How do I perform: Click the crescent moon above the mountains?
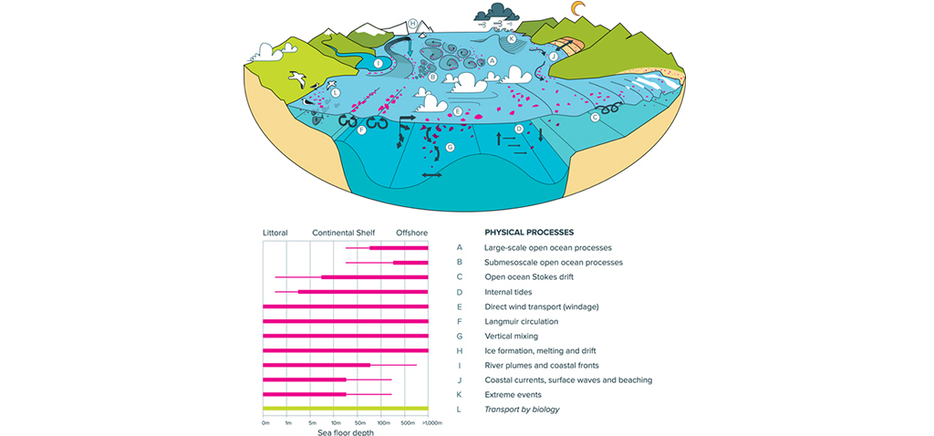coord(577,9)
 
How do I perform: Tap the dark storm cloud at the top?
coord(498,12)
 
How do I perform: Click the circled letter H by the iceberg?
coord(413,23)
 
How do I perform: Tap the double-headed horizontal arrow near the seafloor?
coord(432,173)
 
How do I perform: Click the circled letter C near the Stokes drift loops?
coord(595,117)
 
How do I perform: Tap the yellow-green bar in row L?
coord(345,409)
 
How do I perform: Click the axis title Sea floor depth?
coord(344,432)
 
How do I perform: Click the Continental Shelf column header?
coord(343,233)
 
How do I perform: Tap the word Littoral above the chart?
coord(275,233)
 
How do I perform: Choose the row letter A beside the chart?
coord(460,247)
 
